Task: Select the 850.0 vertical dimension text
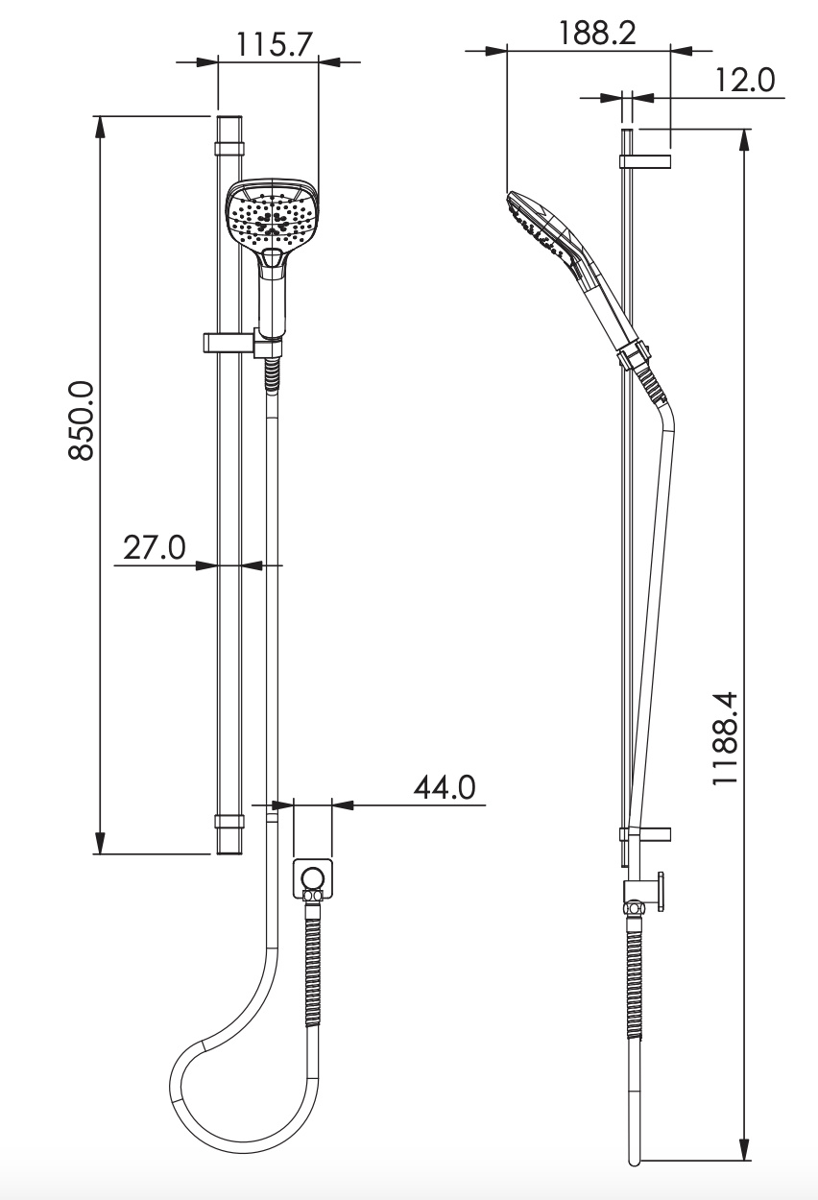pos(82,420)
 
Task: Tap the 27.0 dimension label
pos(154,547)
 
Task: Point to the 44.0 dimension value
pos(445,787)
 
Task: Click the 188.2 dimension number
pos(597,34)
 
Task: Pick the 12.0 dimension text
pos(745,81)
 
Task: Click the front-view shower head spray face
pos(271,213)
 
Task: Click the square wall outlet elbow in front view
pos(312,877)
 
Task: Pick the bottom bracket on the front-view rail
pos(229,822)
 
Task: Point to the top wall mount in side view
pos(645,160)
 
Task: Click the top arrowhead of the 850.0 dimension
pos(99,126)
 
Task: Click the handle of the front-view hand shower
pos(273,298)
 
